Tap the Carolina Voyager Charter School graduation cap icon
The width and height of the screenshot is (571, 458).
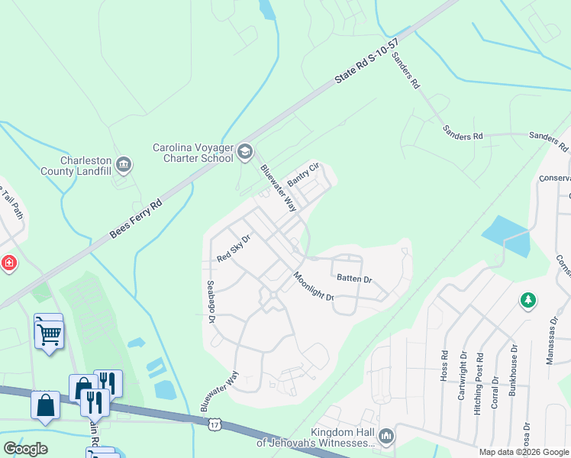point(245,151)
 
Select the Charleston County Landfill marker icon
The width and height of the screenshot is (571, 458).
point(123,164)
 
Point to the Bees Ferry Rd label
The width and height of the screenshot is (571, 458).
point(136,218)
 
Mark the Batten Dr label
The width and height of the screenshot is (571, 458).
point(353,280)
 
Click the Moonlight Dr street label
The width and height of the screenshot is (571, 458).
point(314,287)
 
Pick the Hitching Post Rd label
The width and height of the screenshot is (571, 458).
point(478,381)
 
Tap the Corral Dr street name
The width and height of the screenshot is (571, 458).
point(495,392)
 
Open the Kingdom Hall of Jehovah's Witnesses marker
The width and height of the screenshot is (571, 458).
point(386,435)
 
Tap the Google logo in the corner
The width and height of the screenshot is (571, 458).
point(25,448)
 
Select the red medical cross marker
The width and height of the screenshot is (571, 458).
point(8,263)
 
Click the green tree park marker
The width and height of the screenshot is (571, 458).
point(527,301)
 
